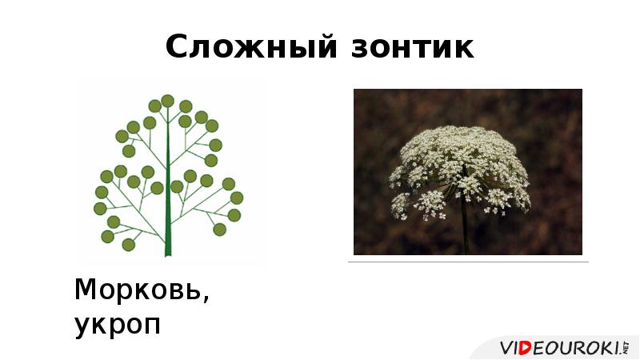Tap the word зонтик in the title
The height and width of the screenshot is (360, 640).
click(x=411, y=48)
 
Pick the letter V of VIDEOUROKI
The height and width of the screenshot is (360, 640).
click(x=507, y=348)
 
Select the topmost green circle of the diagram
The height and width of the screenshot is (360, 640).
click(x=167, y=101)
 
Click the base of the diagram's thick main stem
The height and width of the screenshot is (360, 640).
click(x=168, y=252)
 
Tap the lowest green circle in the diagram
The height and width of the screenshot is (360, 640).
click(x=128, y=244)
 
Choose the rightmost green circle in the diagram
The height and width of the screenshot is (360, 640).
click(x=236, y=198)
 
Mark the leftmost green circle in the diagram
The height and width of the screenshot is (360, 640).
click(x=100, y=209)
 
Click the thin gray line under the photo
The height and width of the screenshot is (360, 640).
click(x=468, y=262)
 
